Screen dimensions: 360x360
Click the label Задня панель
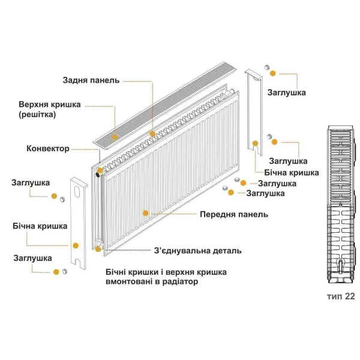(x=92, y=80)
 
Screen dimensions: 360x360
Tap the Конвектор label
(x=48, y=148)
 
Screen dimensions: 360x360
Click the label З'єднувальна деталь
(x=197, y=250)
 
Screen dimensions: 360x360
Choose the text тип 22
(x=341, y=296)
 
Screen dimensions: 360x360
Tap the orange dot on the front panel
(x=145, y=212)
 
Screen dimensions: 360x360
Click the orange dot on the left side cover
(x=76, y=245)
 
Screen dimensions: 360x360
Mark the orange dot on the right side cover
(x=256, y=143)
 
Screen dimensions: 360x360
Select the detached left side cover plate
(x=80, y=222)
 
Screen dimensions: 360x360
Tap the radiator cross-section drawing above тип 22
(x=340, y=204)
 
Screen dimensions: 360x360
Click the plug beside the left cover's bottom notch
(x=65, y=272)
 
